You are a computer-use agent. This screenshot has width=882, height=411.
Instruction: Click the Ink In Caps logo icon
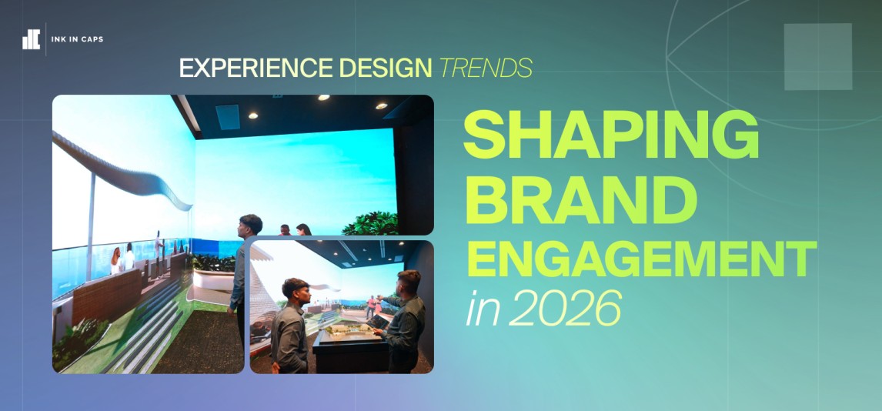coord(31,39)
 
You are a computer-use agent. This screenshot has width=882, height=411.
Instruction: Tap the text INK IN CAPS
coord(77,39)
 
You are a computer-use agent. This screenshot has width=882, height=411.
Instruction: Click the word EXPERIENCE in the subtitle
coord(256,68)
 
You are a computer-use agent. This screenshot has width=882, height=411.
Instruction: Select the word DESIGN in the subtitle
coord(386,68)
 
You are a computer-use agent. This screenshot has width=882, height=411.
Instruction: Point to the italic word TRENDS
coord(486,68)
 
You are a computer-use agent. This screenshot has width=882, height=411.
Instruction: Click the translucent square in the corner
coord(818,57)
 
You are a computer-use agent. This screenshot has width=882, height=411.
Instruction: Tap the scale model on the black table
coord(350,332)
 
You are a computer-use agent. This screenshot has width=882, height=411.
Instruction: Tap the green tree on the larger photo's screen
coord(372,223)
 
